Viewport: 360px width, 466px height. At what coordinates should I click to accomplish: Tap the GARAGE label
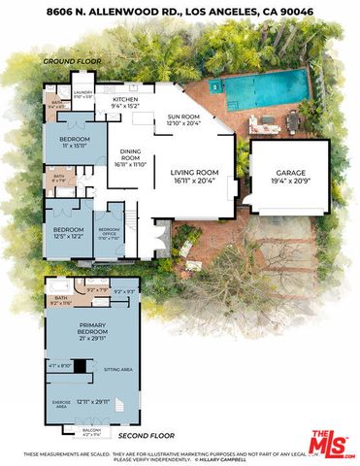coord(290,175)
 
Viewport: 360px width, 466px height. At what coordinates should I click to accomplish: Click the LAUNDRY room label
coord(83,94)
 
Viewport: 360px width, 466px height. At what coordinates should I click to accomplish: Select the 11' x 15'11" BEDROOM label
coord(66,142)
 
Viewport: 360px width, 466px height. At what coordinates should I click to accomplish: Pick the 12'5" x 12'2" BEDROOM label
coord(65,233)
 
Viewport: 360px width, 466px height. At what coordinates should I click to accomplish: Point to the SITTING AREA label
coord(119,370)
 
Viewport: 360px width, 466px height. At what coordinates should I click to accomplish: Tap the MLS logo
coord(331,444)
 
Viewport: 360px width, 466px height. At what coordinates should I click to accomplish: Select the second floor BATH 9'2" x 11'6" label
coord(62,301)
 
